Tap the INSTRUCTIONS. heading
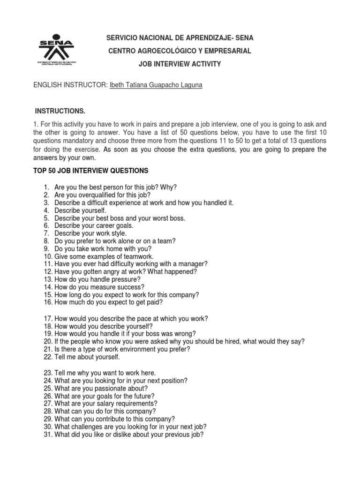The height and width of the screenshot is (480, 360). click(x=61, y=111)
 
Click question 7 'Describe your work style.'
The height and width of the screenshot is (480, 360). click(x=90, y=233)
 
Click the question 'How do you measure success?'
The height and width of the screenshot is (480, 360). click(x=99, y=287)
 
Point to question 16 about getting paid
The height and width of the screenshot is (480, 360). click(x=108, y=302)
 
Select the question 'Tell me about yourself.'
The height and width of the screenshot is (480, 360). click(x=87, y=357)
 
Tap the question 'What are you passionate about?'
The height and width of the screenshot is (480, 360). click(x=101, y=388)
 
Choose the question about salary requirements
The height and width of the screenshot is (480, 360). click(x=106, y=403)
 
